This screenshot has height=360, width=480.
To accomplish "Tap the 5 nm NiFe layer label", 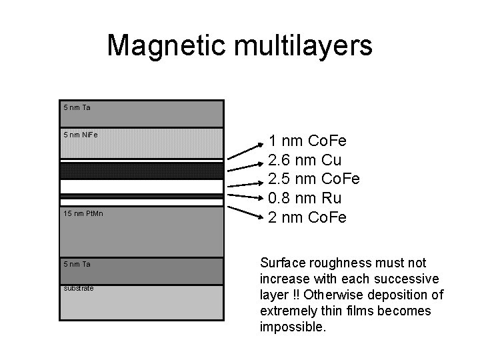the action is click(81, 135).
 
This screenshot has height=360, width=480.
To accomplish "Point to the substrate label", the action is click(78, 288).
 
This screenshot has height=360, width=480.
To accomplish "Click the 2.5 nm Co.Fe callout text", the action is click(313, 179).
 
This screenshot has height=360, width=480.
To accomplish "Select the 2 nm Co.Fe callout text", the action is click(307, 217).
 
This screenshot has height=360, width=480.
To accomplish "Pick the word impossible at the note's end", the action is click(293, 327).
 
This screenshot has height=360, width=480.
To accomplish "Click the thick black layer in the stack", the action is click(141, 171).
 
